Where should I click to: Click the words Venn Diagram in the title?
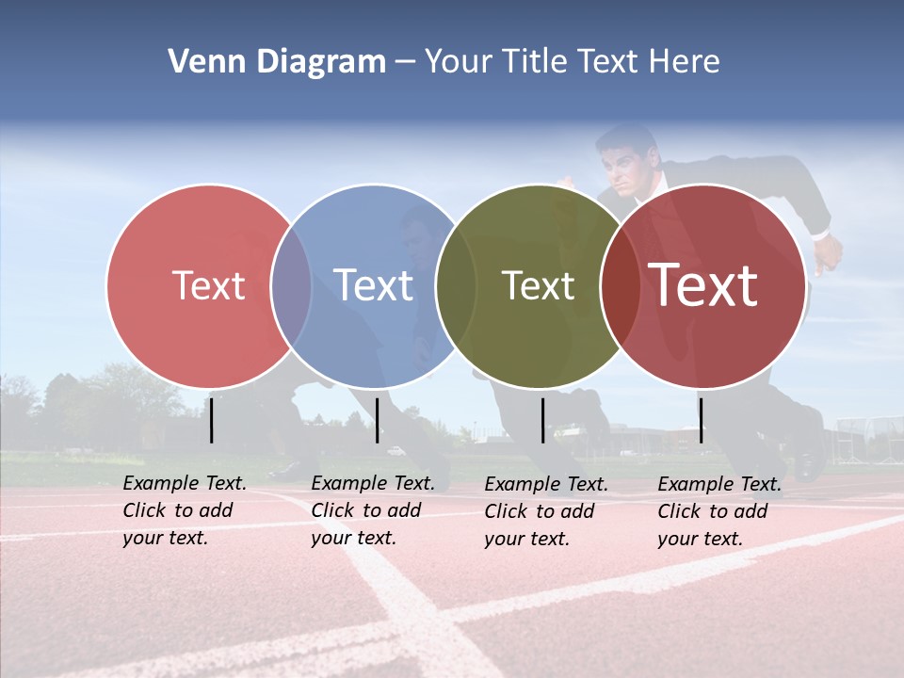(277, 62)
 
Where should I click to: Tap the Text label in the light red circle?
(208, 285)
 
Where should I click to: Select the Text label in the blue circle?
(373, 285)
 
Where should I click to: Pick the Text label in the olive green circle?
(538, 285)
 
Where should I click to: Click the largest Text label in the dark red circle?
(703, 285)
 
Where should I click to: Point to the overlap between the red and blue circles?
(291, 285)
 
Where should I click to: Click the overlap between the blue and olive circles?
(456, 285)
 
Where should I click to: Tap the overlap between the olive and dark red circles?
(620, 285)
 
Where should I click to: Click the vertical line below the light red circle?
(212, 420)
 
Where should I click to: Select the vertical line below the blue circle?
(377, 420)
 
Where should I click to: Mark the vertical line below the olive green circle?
(542, 420)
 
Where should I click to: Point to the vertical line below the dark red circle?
(701, 420)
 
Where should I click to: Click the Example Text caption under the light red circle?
(185, 510)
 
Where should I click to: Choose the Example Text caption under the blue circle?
(373, 510)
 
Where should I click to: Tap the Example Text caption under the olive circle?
(546, 511)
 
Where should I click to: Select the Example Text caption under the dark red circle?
(719, 511)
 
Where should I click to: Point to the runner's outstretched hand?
(830, 252)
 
